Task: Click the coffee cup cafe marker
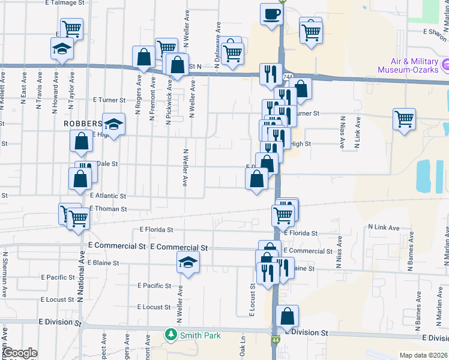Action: [271, 14]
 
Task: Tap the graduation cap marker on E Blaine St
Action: [188, 262]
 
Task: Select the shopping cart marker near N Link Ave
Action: [405, 118]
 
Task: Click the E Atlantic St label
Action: [108, 196]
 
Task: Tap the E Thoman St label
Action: [108, 209]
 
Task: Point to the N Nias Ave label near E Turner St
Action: [342, 133]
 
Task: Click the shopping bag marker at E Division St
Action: [288, 316]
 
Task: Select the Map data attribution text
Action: [424, 355]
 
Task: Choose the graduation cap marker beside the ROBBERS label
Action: [113, 124]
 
